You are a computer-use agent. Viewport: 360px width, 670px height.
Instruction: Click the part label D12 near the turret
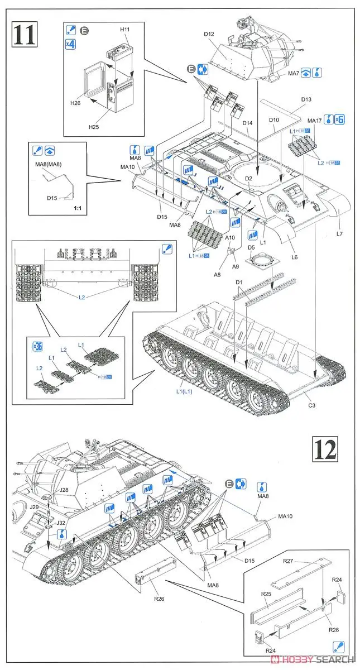point(209,35)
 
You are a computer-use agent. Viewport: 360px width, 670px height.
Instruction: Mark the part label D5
point(251,247)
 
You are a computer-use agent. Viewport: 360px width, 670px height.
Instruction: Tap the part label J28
point(64,490)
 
